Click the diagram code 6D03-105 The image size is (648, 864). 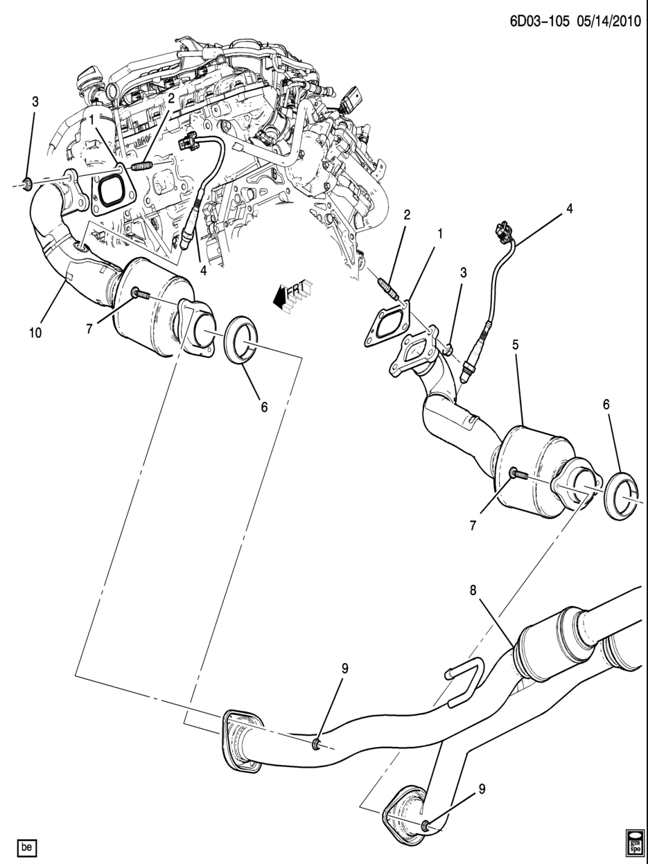pos(540,21)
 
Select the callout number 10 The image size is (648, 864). pos(35,333)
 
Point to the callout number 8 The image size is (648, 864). pos(473,590)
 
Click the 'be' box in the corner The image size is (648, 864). pos(27,844)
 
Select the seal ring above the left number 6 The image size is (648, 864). pos(241,340)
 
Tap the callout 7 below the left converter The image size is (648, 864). pos(89,328)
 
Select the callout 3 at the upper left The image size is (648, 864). pos(35,102)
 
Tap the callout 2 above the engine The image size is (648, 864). pos(171,98)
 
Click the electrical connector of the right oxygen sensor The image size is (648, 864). pos(502,232)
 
